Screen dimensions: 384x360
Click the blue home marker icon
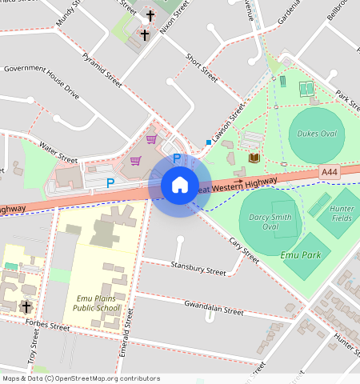tap(180, 185)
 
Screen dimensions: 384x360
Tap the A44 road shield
tap(329, 172)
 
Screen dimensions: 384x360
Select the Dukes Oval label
tap(317, 134)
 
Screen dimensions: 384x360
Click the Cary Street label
tap(244, 250)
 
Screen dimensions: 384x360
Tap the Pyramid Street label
tap(102, 70)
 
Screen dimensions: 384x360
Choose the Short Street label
tap(202, 67)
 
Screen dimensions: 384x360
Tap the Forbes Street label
tap(47, 326)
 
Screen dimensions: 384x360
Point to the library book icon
tap(254, 158)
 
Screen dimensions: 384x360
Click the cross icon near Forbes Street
tap(26, 306)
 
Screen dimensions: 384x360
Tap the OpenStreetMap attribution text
tap(80, 378)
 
